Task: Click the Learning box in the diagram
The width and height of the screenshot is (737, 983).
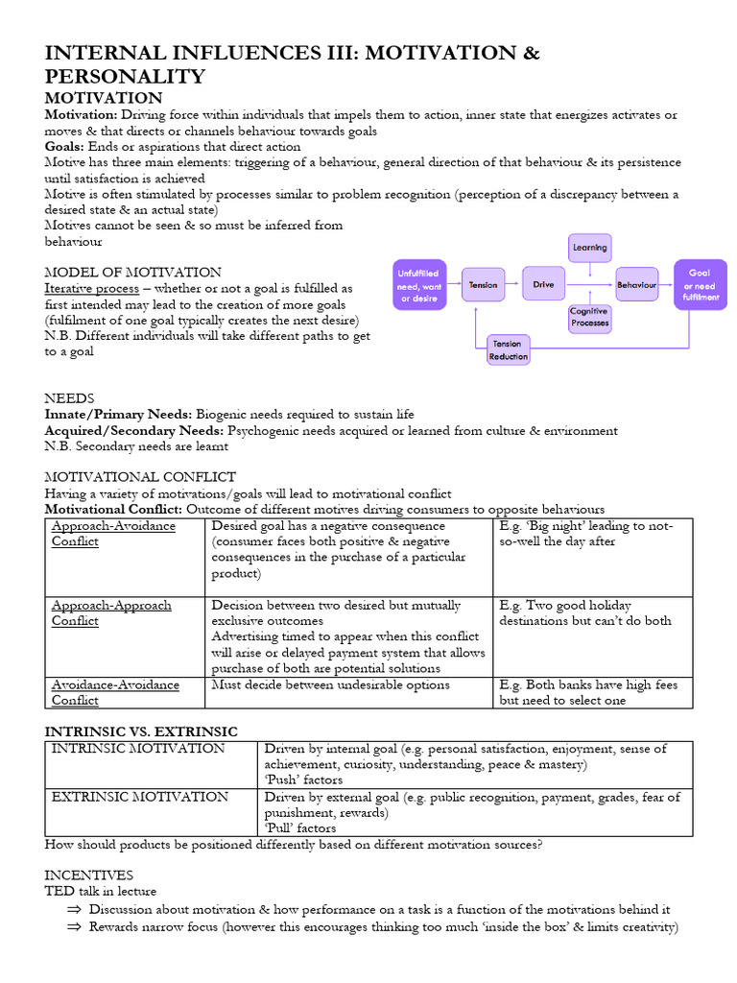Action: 589,248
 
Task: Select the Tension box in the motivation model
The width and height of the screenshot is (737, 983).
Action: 484,285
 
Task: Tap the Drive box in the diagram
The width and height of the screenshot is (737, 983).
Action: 543,285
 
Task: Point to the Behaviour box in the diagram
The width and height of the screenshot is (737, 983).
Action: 636,285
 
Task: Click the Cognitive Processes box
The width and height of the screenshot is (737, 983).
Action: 589,318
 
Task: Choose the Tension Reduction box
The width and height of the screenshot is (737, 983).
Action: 508,350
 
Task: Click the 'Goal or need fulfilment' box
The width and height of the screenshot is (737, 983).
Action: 700,285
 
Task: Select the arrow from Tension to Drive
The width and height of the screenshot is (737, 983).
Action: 514,285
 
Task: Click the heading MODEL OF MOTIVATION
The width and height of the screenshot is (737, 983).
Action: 132,273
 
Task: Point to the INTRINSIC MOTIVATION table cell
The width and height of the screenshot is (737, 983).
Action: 138,749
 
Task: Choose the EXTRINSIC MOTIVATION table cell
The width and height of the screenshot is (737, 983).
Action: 140,797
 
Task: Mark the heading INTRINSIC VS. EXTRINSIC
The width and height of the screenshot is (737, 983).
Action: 141,731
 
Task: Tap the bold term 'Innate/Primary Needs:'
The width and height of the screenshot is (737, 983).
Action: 118,415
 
